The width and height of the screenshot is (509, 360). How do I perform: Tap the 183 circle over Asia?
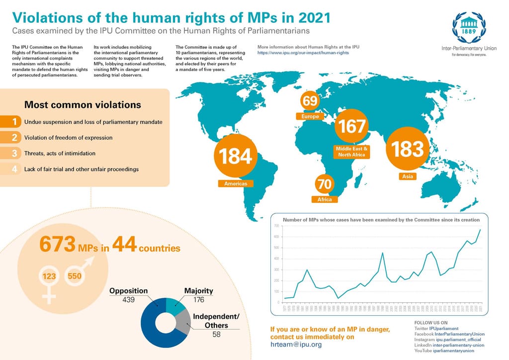[x=407, y=149]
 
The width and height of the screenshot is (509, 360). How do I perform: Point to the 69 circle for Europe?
[x=310, y=101]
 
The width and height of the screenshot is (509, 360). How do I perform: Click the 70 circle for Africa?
[x=324, y=184]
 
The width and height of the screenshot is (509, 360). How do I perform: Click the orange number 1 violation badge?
[x=16, y=122]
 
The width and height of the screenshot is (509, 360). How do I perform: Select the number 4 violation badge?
[x=16, y=169]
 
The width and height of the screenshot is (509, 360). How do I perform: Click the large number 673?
[x=57, y=245]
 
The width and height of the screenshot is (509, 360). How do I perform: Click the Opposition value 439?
[x=129, y=300]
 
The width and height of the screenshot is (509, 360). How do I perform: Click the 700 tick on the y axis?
[x=276, y=226]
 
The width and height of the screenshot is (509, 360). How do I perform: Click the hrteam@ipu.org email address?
[x=296, y=345]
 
